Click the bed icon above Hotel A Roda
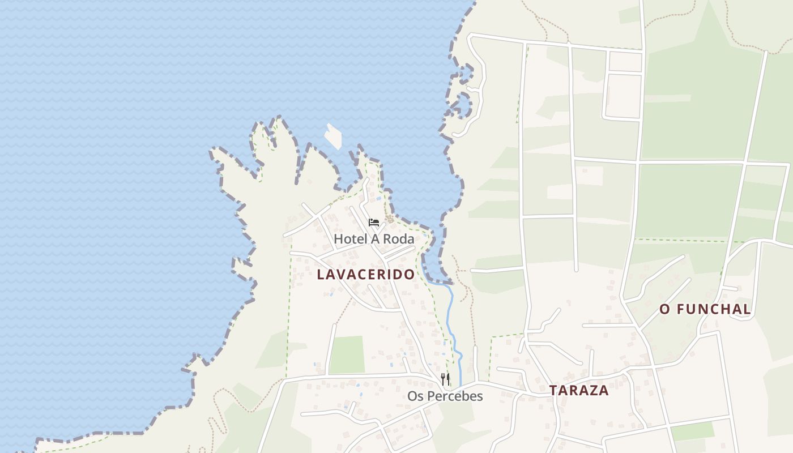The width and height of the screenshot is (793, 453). (x=374, y=223)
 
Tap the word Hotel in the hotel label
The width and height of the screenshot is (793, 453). (x=350, y=239)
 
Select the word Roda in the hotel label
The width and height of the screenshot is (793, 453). (x=398, y=239)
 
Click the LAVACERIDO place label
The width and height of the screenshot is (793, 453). (x=366, y=275)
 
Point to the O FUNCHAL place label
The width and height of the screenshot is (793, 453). (x=705, y=310)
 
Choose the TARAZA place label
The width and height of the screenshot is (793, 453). (x=579, y=390)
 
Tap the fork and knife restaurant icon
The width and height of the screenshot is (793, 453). (x=446, y=379)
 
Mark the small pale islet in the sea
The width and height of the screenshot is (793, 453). (x=333, y=136)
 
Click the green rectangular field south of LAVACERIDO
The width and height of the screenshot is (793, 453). (x=347, y=355)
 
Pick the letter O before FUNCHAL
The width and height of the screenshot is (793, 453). (x=665, y=310)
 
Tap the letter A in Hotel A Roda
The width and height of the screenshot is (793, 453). (x=374, y=239)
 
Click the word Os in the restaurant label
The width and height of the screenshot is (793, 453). (x=415, y=396)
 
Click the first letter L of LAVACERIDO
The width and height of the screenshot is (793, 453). (x=321, y=275)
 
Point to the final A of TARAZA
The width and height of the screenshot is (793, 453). (x=604, y=390)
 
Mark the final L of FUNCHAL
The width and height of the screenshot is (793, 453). (x=747, y=310)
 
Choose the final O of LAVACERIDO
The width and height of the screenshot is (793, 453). (x=409, y=275)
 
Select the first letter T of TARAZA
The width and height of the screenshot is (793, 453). (x=553, y=390)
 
